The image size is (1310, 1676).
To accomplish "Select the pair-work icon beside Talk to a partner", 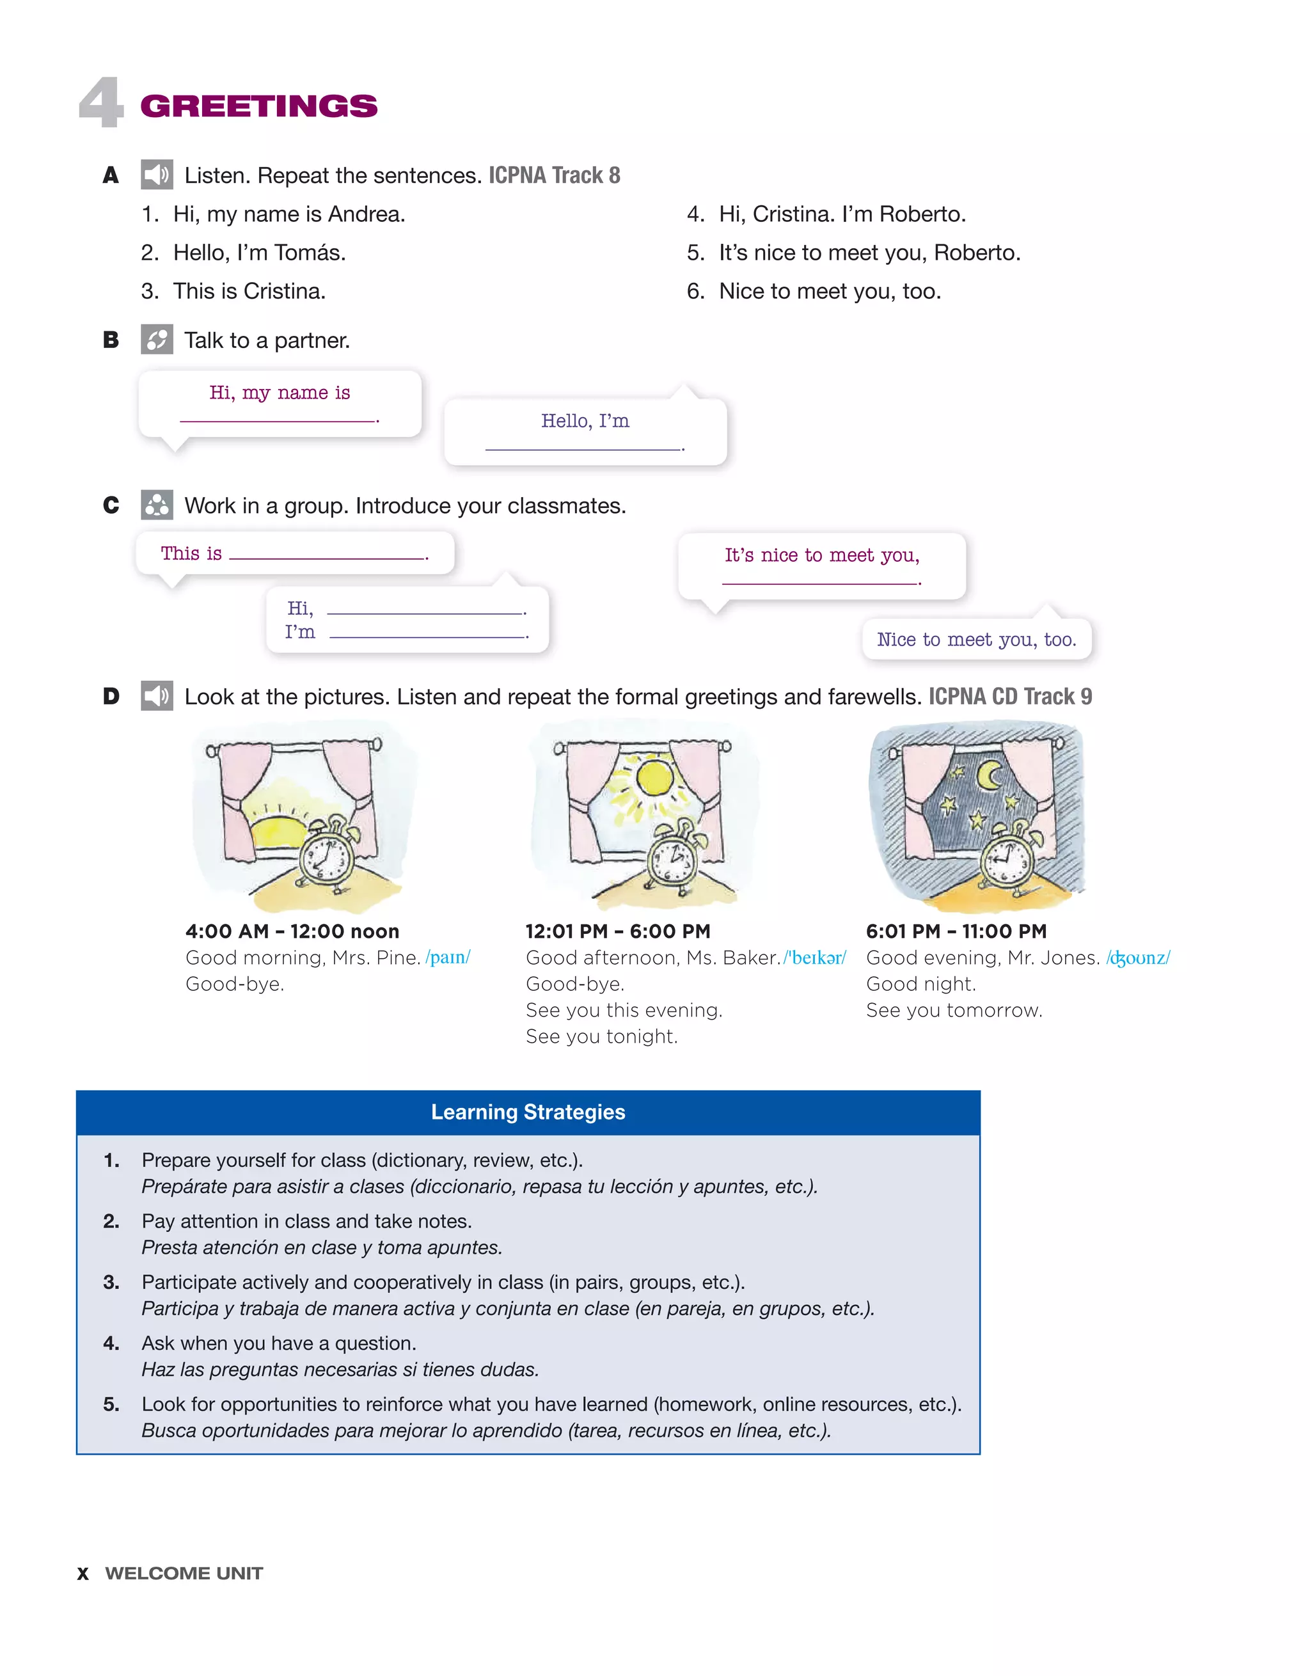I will click(157, 339).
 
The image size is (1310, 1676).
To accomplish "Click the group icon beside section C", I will click(157, 505).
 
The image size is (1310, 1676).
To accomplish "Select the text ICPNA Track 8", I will click(554, 175).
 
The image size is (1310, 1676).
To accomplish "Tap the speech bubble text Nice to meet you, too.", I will click(976, 639).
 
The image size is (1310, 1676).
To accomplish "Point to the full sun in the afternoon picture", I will click(654, 777).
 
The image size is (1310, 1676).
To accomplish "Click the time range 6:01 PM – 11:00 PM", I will click(956, 931).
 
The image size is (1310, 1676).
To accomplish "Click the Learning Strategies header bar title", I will click(528, 1112).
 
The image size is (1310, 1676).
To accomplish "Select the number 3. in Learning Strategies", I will click(111, 1283).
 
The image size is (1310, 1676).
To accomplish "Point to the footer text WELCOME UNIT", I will click(184, 1573).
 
